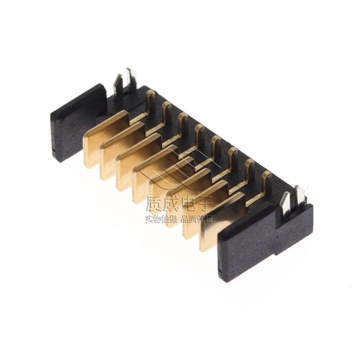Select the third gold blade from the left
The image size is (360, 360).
pyautogui.click(x=138, y=162)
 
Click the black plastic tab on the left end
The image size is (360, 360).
pyautogui.click(x=78, y=123)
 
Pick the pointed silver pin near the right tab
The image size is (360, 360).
pyautogui.click(x=286, y=203)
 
